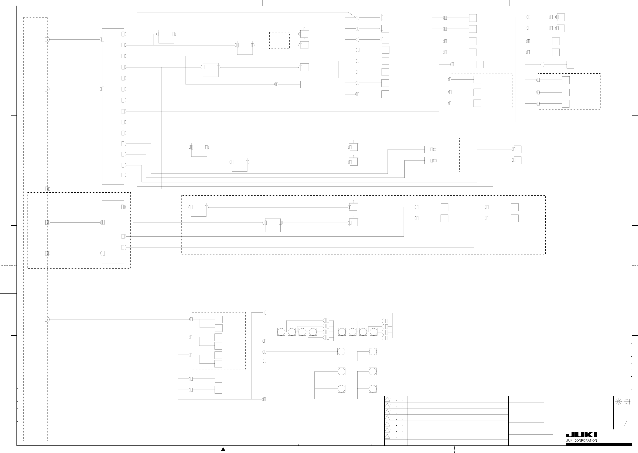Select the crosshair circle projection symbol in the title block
619,402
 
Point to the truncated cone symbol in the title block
627,401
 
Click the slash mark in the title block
625,424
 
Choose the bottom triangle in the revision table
387,436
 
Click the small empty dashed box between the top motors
279,40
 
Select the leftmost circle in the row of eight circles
281,332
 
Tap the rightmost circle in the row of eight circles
373,332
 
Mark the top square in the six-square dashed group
218,319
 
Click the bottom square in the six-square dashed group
218,364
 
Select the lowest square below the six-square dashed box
218,390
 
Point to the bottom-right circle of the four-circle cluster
373,389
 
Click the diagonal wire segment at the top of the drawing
352,15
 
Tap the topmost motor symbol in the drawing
304,33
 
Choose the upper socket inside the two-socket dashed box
428,149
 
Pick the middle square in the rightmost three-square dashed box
566,92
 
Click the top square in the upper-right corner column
561,17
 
